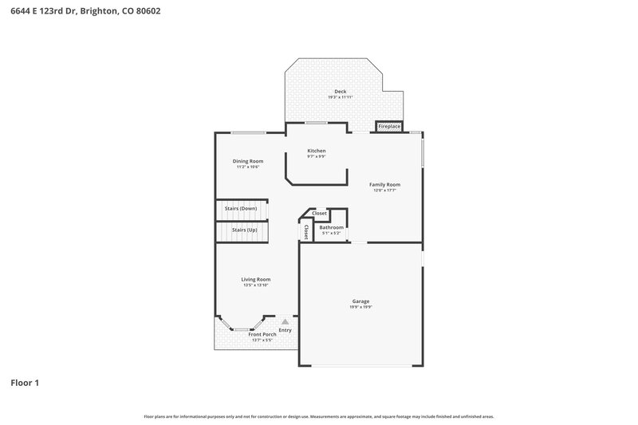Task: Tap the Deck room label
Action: coord(341,92)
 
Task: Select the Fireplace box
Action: coord(389,127)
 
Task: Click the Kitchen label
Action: coord(317,151)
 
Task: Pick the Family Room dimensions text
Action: coord(384,191)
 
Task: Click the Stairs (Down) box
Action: coord(240,208)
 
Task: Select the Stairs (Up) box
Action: coord(244,230)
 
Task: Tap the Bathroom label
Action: coord(332,227)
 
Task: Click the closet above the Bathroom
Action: coord(319,214)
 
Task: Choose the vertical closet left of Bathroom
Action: coord(306,230)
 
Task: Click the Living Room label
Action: coord(256,279)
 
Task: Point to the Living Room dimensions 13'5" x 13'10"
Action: coord(256,285)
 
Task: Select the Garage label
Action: coord(360,301)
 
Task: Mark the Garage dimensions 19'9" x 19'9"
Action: coord(360,307)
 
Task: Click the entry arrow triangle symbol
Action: coord(283,321)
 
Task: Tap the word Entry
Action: coord(285,330)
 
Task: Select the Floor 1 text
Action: coord(25,384)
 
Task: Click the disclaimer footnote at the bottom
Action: coord(319,416)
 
